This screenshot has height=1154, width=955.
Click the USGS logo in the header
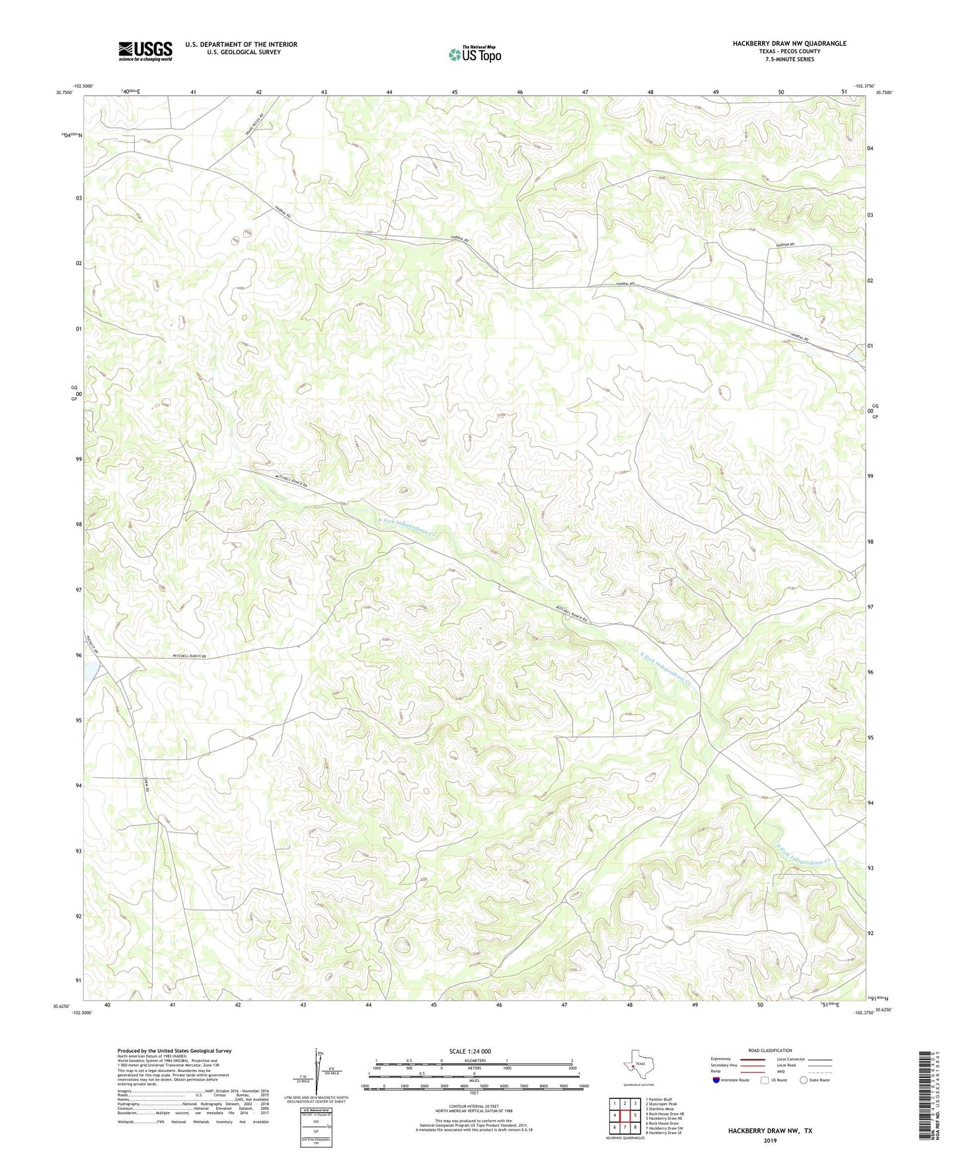(x=145, y=51)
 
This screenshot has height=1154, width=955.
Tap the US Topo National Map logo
(x=474, y=54)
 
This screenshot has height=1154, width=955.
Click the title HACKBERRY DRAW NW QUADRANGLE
(x=789, y=44)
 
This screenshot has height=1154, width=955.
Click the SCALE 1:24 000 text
(x=470, y=1052)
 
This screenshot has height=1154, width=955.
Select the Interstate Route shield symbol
(x=716, y=1080)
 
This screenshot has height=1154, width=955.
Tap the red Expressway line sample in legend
(x=753, y=1059)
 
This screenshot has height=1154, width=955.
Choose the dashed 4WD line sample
(x=820, y=1071)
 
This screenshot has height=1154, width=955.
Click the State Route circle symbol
(x=803, y=1080)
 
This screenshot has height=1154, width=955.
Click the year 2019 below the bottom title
(x=770, y=1140)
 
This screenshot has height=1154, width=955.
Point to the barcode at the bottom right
(x=928, y=1095)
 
